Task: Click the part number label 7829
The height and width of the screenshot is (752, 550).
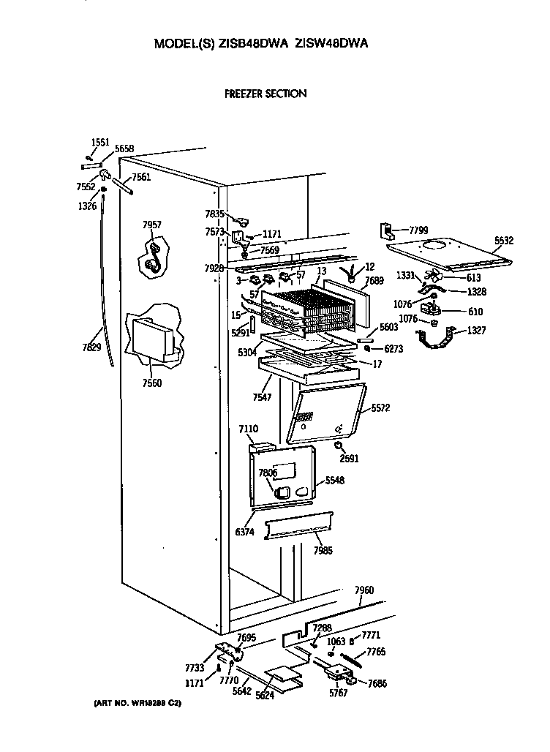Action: point(91,347)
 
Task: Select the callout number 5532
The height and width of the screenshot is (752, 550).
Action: point(505,239)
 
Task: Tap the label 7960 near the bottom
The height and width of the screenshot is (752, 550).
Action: point(363,590)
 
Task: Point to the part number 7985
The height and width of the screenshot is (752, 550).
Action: point(323,550)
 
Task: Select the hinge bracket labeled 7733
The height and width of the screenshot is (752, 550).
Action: point(228,650)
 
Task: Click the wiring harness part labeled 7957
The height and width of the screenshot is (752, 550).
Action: point(153,260)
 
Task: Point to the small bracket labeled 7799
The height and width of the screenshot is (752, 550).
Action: point(386,233)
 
